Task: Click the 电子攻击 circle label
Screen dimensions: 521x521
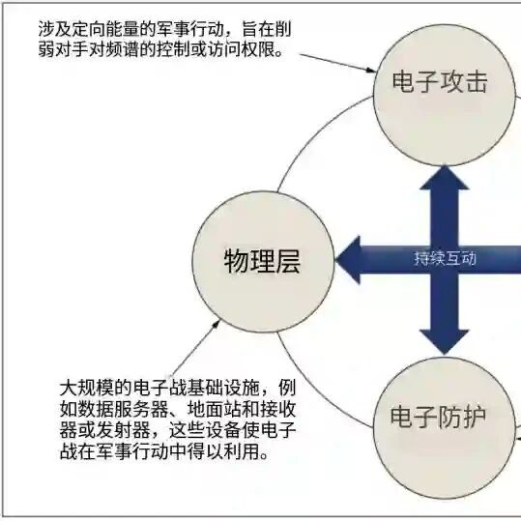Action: click(440, 81)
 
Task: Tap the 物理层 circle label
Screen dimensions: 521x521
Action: click(262, 262)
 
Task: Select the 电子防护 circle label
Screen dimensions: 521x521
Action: click(438, 417)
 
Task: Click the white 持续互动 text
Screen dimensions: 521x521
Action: click(445, 258)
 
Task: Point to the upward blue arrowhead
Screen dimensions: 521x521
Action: click(445, 178)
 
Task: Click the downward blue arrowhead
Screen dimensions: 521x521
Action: click(445, 342)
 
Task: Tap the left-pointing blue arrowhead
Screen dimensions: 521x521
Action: click(348, 260)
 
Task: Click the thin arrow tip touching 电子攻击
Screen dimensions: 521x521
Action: click(375, 72)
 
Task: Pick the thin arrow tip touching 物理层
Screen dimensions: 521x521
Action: click(219, 320)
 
